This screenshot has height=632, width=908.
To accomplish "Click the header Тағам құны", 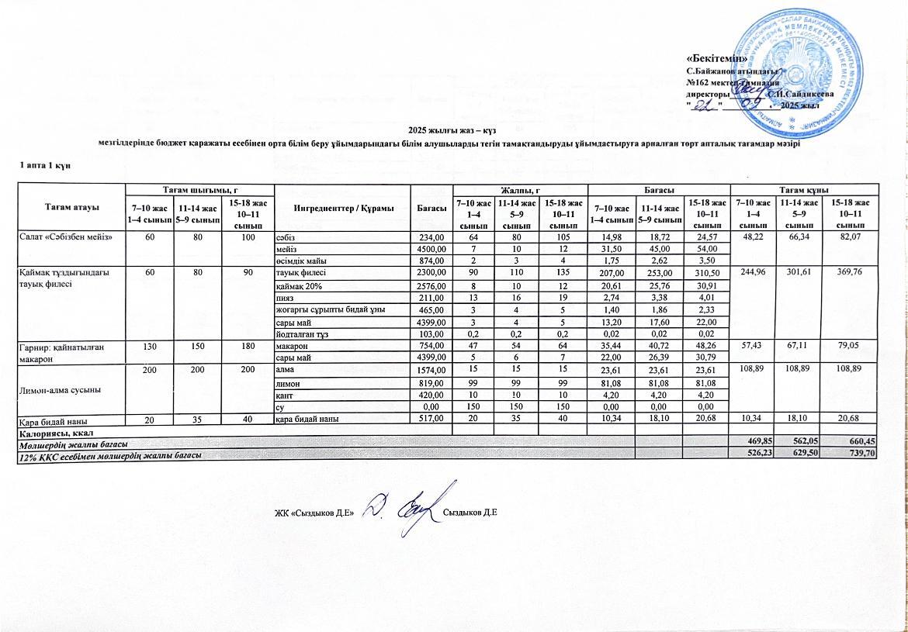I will coord(805,189).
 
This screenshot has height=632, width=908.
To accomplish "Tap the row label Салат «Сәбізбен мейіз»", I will coord(57,237).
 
